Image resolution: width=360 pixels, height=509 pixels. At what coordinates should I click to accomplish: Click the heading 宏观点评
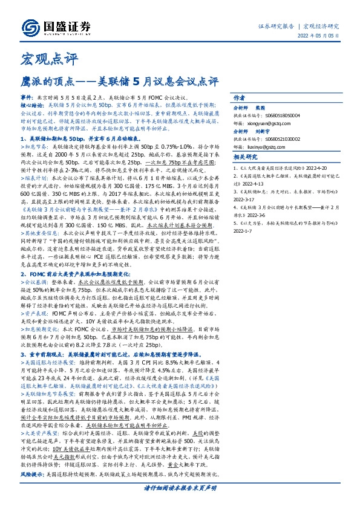[42, 60]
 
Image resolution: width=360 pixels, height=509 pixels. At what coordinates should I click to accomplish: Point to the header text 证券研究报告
[276, 27]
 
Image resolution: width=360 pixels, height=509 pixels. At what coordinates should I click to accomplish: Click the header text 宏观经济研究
[321, 27]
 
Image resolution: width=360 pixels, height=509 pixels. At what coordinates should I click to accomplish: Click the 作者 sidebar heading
[239, 98]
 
